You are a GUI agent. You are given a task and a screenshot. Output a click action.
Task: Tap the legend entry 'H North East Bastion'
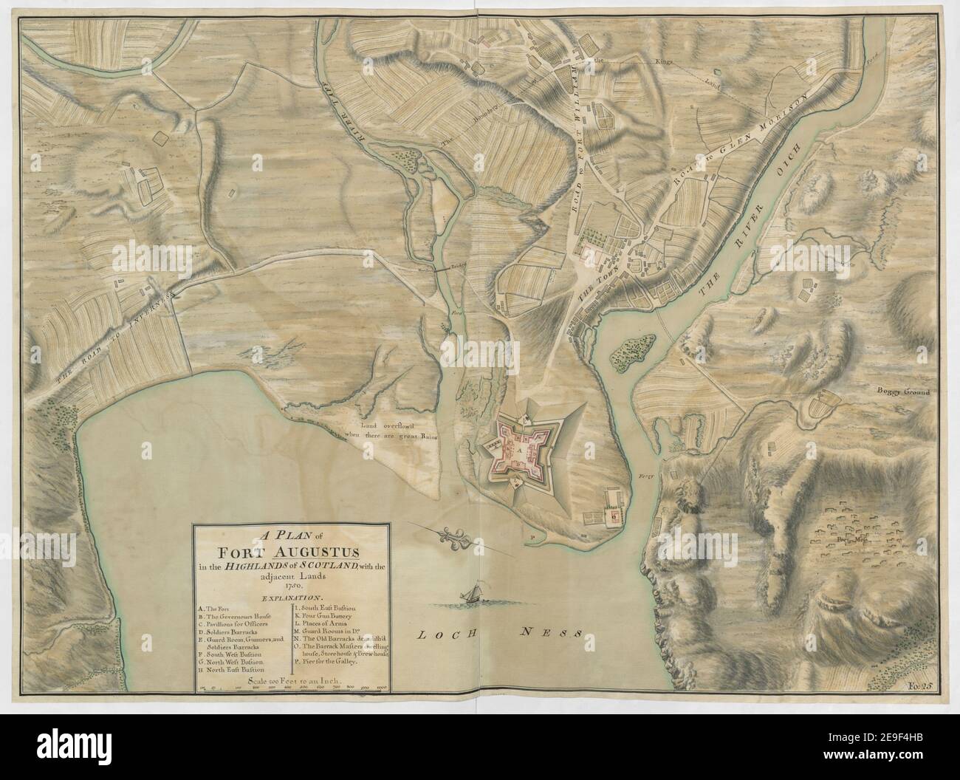[231, 670]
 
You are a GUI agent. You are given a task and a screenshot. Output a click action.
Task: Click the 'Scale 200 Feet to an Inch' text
[292, 681]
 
